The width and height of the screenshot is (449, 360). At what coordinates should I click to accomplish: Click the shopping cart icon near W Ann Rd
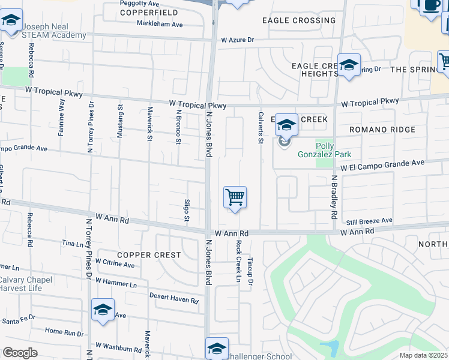235,197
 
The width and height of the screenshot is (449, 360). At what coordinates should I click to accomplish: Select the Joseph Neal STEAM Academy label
54,31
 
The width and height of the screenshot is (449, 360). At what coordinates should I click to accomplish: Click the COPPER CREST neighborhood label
149,255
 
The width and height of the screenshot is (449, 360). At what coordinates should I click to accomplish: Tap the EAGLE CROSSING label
299,20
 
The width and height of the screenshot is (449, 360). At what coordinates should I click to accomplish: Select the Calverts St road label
261,128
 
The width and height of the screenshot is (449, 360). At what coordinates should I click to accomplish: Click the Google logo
20,352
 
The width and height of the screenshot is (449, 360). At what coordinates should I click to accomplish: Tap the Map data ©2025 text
423,355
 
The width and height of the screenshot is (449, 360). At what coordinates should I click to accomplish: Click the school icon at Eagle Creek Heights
348,65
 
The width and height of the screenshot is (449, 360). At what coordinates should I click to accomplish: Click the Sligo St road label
187,209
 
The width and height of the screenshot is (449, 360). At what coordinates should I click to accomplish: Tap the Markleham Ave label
160,25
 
